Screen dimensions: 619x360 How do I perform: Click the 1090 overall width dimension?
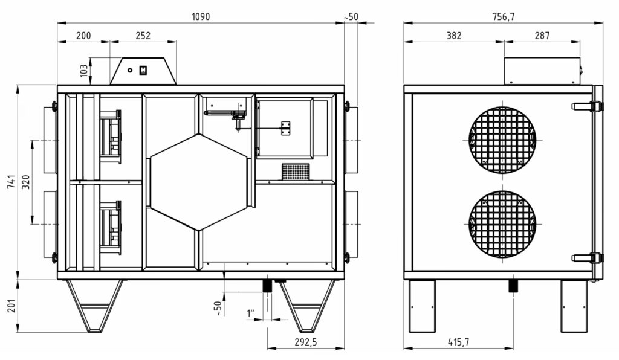[201, 16]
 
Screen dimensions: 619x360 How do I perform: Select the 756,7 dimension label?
[504, 16]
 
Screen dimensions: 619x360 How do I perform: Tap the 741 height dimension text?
[11, 182]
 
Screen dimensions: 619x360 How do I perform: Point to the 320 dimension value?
[25, 182]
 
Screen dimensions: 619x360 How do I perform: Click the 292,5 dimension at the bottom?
[305, 342]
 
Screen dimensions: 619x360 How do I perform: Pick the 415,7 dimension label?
[458, 342]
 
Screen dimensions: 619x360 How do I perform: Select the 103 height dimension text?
[83, 71]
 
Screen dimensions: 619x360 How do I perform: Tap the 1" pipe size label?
[251, 313]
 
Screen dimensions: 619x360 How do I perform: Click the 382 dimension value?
[453, 36]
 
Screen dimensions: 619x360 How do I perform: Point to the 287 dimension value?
[542, 36]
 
